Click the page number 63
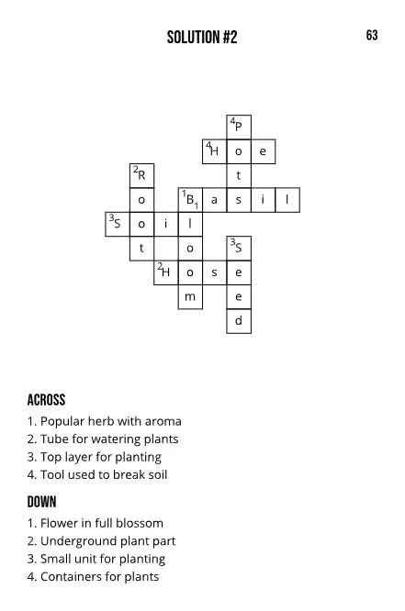point(372,36)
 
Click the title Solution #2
point(202,38)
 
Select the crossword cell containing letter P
point(239,127)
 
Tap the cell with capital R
point(141,175)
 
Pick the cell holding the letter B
point(190,199)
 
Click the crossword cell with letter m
point(190,296)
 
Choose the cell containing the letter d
point(239,321)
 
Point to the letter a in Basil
point(214,199)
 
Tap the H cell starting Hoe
point(214,150)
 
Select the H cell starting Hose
point(165,272)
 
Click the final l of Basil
point(287,199)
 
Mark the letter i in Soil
point(165,224)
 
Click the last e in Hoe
point(263,150)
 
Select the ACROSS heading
point(47,400)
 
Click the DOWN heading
point(42,502)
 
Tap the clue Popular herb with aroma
point(104,421)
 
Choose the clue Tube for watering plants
point(103,439)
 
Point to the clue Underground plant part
point(101,541)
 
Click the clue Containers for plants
point(93,576)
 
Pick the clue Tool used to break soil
point(97,474)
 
